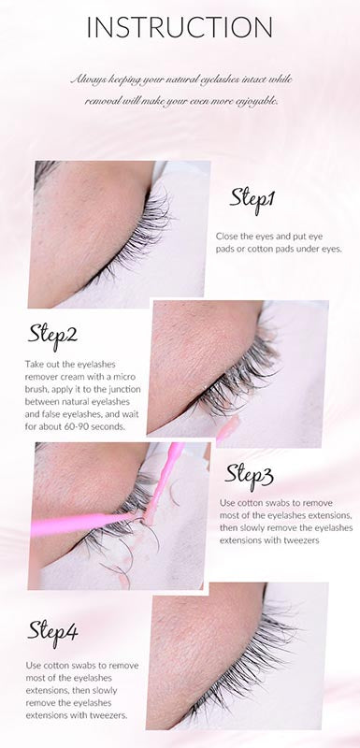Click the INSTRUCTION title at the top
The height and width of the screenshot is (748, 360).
(180, 27)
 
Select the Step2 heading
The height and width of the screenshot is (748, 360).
(52, 336)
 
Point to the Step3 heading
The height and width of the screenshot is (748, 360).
(249, 475)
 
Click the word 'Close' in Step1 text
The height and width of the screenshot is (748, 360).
(226, 237)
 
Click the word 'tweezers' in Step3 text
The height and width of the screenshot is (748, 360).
(303, 541)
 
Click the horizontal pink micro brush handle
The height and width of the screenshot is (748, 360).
(81, 524)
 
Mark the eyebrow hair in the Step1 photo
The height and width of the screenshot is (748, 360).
(44, 171)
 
